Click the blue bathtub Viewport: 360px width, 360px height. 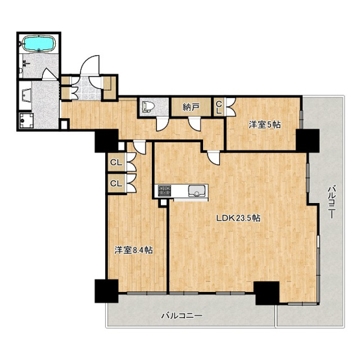[x=40, y=43]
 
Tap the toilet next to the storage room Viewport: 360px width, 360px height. [x=148, y=107]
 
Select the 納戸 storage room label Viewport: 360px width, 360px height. [x=191, y=107]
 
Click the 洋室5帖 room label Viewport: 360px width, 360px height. [x=265, y=125]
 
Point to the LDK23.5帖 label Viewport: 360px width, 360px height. [x=239, y=218]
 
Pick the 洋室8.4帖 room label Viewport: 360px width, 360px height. [x=134, y=250]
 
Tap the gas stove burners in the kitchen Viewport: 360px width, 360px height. [x=165, y=191]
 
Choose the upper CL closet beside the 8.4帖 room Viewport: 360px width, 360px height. [x=116, y=162]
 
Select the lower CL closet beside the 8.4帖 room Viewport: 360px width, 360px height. [x=116, y=183]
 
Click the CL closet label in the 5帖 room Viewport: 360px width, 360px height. [x=219, y=108]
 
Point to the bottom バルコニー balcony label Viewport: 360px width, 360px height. [x=182, y=316]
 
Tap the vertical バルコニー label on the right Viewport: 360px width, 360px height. [x=331, y=202]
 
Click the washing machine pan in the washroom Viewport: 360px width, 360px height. [x=26, y=121]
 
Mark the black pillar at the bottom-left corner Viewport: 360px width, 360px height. [x=106, y=291]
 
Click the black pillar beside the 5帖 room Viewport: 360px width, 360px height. [x=307, y=140]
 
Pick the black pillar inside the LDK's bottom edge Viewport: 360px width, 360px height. [x=267, y=293]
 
